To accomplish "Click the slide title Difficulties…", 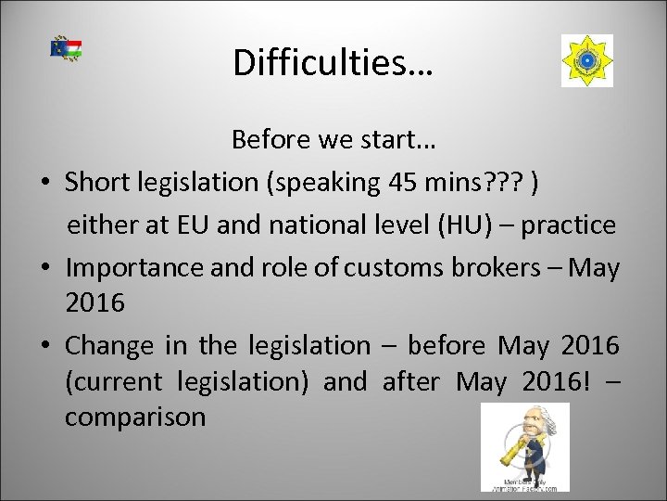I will [x=333, y=62].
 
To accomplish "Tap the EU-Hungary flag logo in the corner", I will [x=66, y=50].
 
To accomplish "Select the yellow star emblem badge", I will [x=586, y=61].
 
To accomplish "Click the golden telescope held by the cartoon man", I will [x=512, y=452].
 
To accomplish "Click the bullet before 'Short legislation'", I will [x=44, y=185].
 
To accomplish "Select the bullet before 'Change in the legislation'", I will [x=44, y=348].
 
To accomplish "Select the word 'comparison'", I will [x=135, y=417].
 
